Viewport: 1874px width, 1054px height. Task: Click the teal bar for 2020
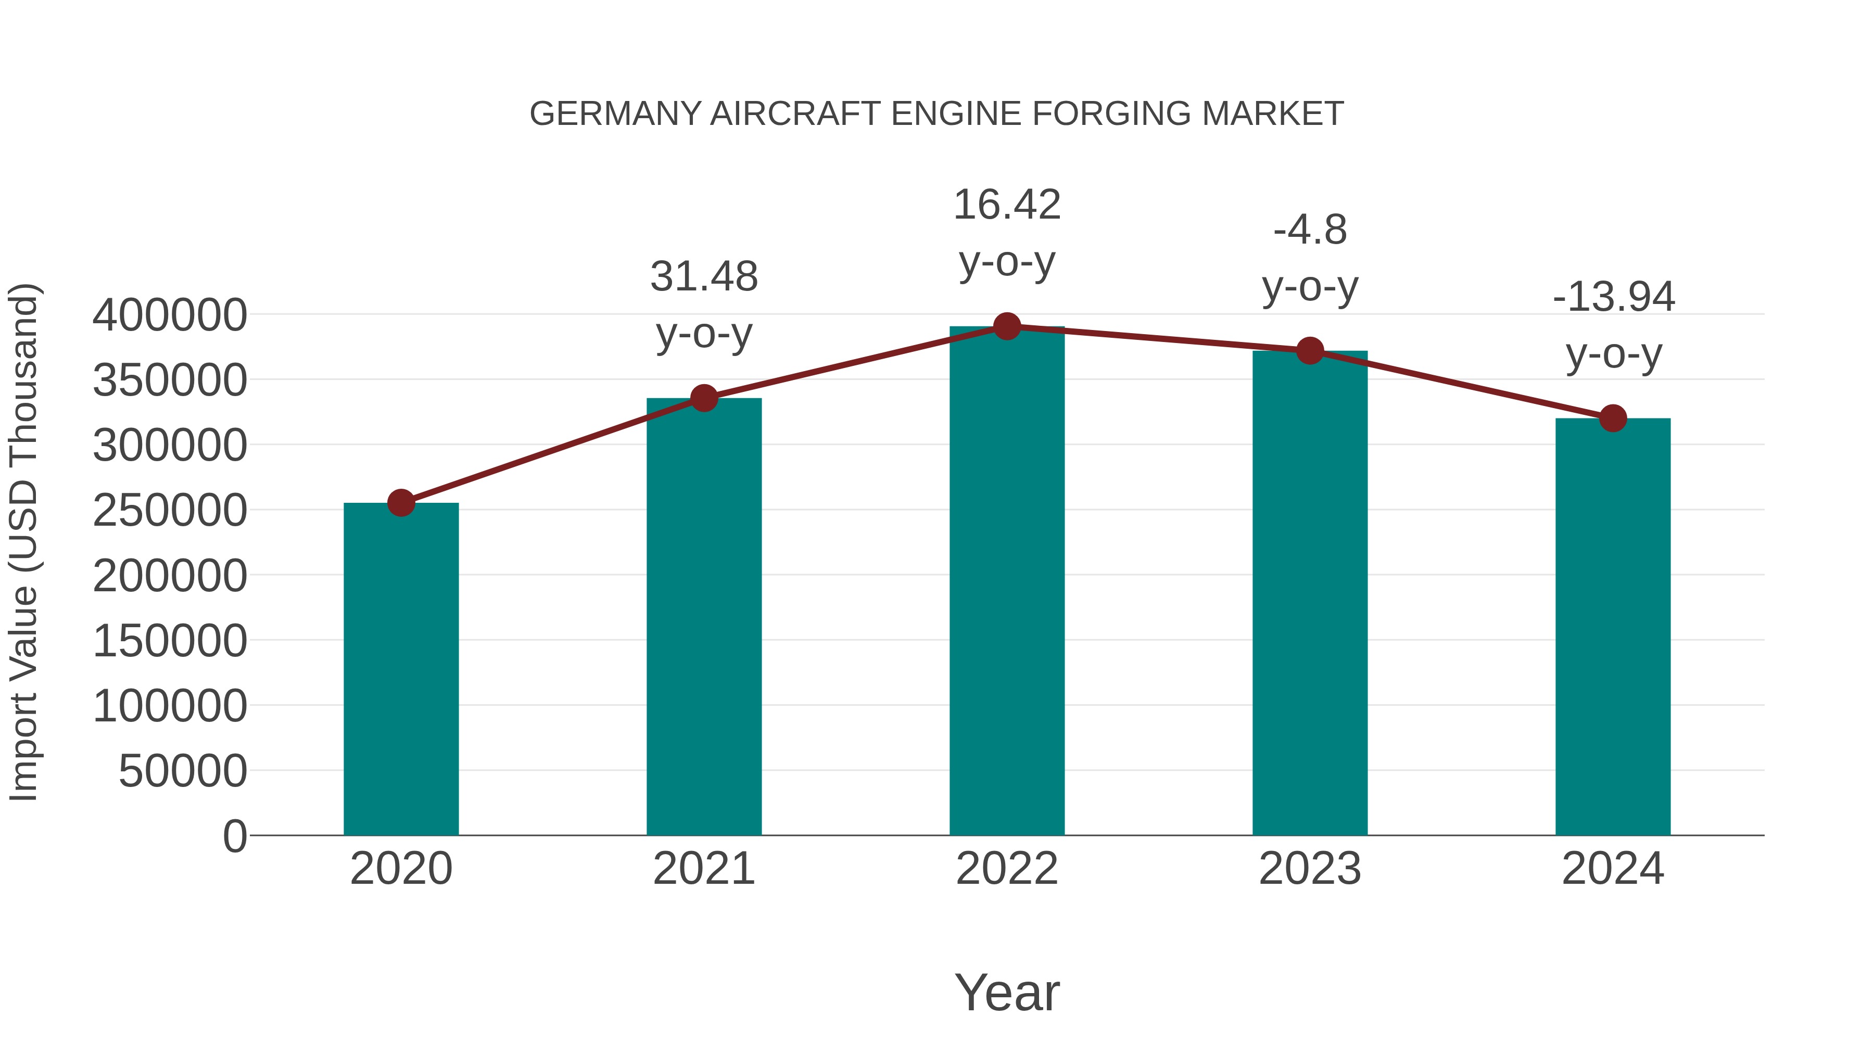tap(401, 669)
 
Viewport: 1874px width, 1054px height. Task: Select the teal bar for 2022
tap(1007, 582)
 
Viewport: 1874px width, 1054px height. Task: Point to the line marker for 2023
tap(1310, 351)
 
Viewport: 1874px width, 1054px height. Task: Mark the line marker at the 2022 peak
tap(1007, 326)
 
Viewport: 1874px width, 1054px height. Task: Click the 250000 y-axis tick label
tap(170, 510)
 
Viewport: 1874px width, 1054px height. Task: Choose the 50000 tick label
tap(183, 770)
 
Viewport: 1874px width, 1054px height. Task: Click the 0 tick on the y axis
tap(235, 836)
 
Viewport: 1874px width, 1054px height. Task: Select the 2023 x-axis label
tap(1310, 869)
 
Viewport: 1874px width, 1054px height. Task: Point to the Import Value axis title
tap(23, 542)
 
